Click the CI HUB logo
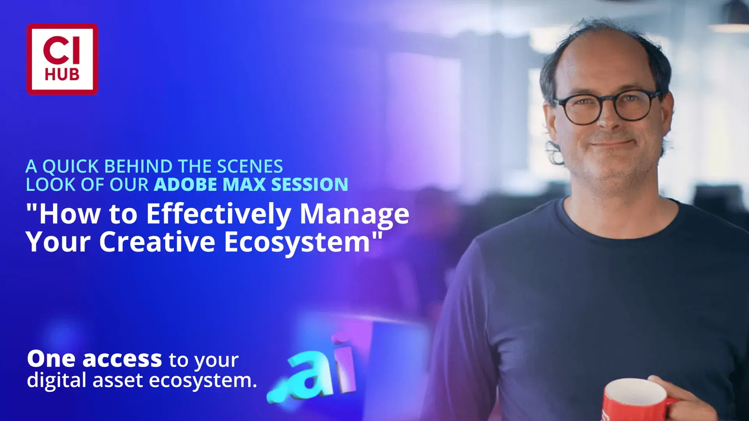pos(62,59)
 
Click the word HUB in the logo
pos(62,74)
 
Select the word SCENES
pos(250,167)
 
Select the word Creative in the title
pos(157,242)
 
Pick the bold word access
pos(122,359)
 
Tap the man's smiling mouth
pos(611,143)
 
